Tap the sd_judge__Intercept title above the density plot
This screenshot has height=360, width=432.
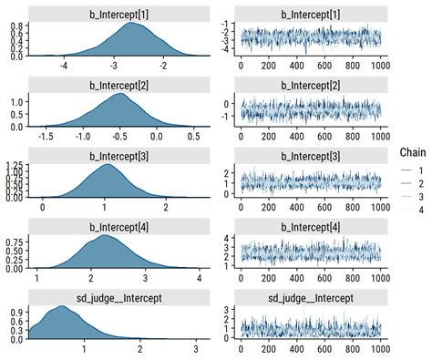tap(117, 296)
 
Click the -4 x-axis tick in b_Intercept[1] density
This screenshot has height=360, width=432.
tap(63, 66)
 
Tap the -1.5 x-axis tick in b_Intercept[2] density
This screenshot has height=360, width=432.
tap(42, 136)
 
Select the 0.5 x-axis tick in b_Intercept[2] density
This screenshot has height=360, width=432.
tap(193, 136)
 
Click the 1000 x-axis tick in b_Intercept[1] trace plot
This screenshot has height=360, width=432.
tap(379, 66)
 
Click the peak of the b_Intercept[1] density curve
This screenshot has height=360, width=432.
tap(133, 24)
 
